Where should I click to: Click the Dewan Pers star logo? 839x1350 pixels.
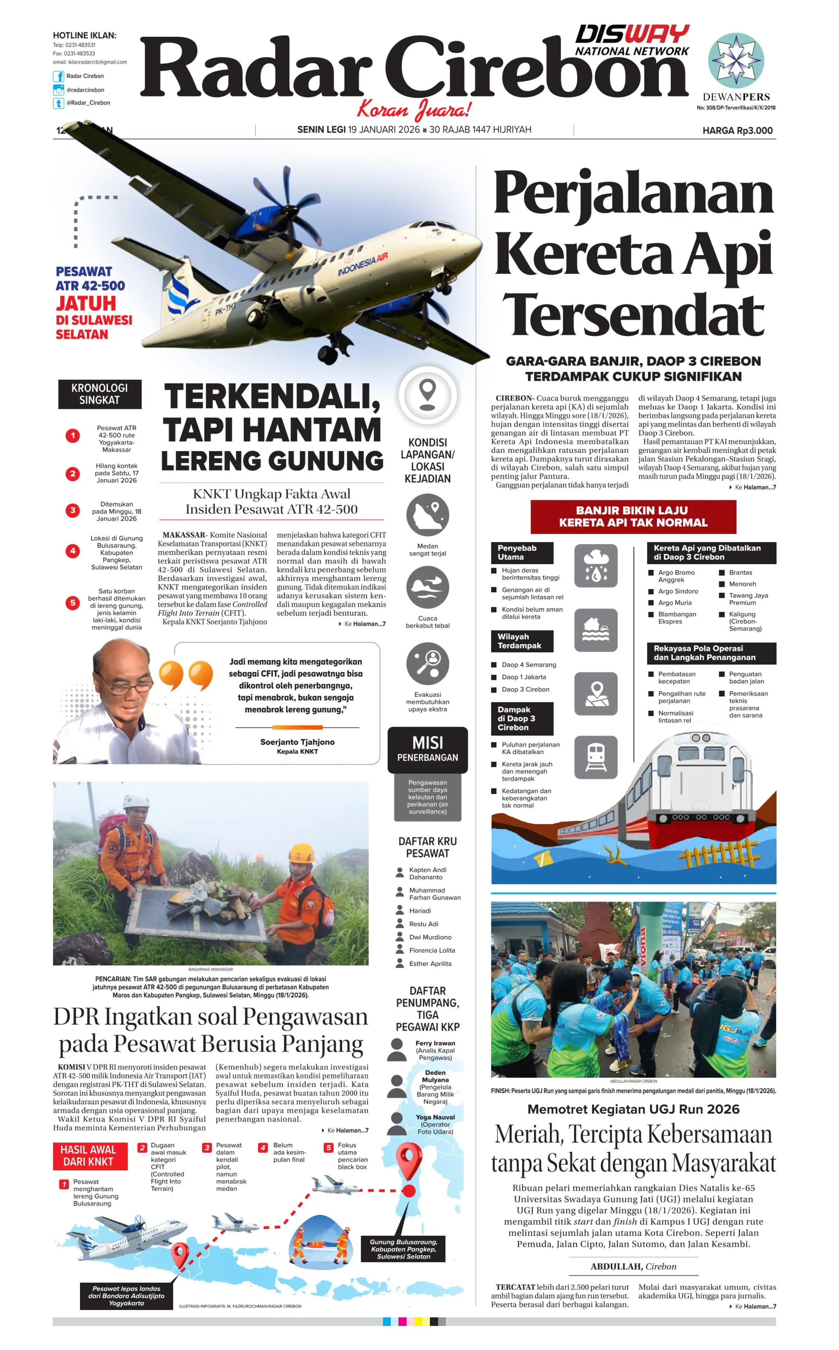[x=736, y=60]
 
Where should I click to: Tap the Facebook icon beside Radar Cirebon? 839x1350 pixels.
[x=58, y=77]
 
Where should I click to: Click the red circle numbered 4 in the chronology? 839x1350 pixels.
[x=73, y=551]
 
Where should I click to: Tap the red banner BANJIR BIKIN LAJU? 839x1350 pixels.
[x=633, y=517]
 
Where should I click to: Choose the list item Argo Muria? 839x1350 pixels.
[x=674, y=603]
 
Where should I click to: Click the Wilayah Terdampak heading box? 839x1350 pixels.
[x=522, y=641]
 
